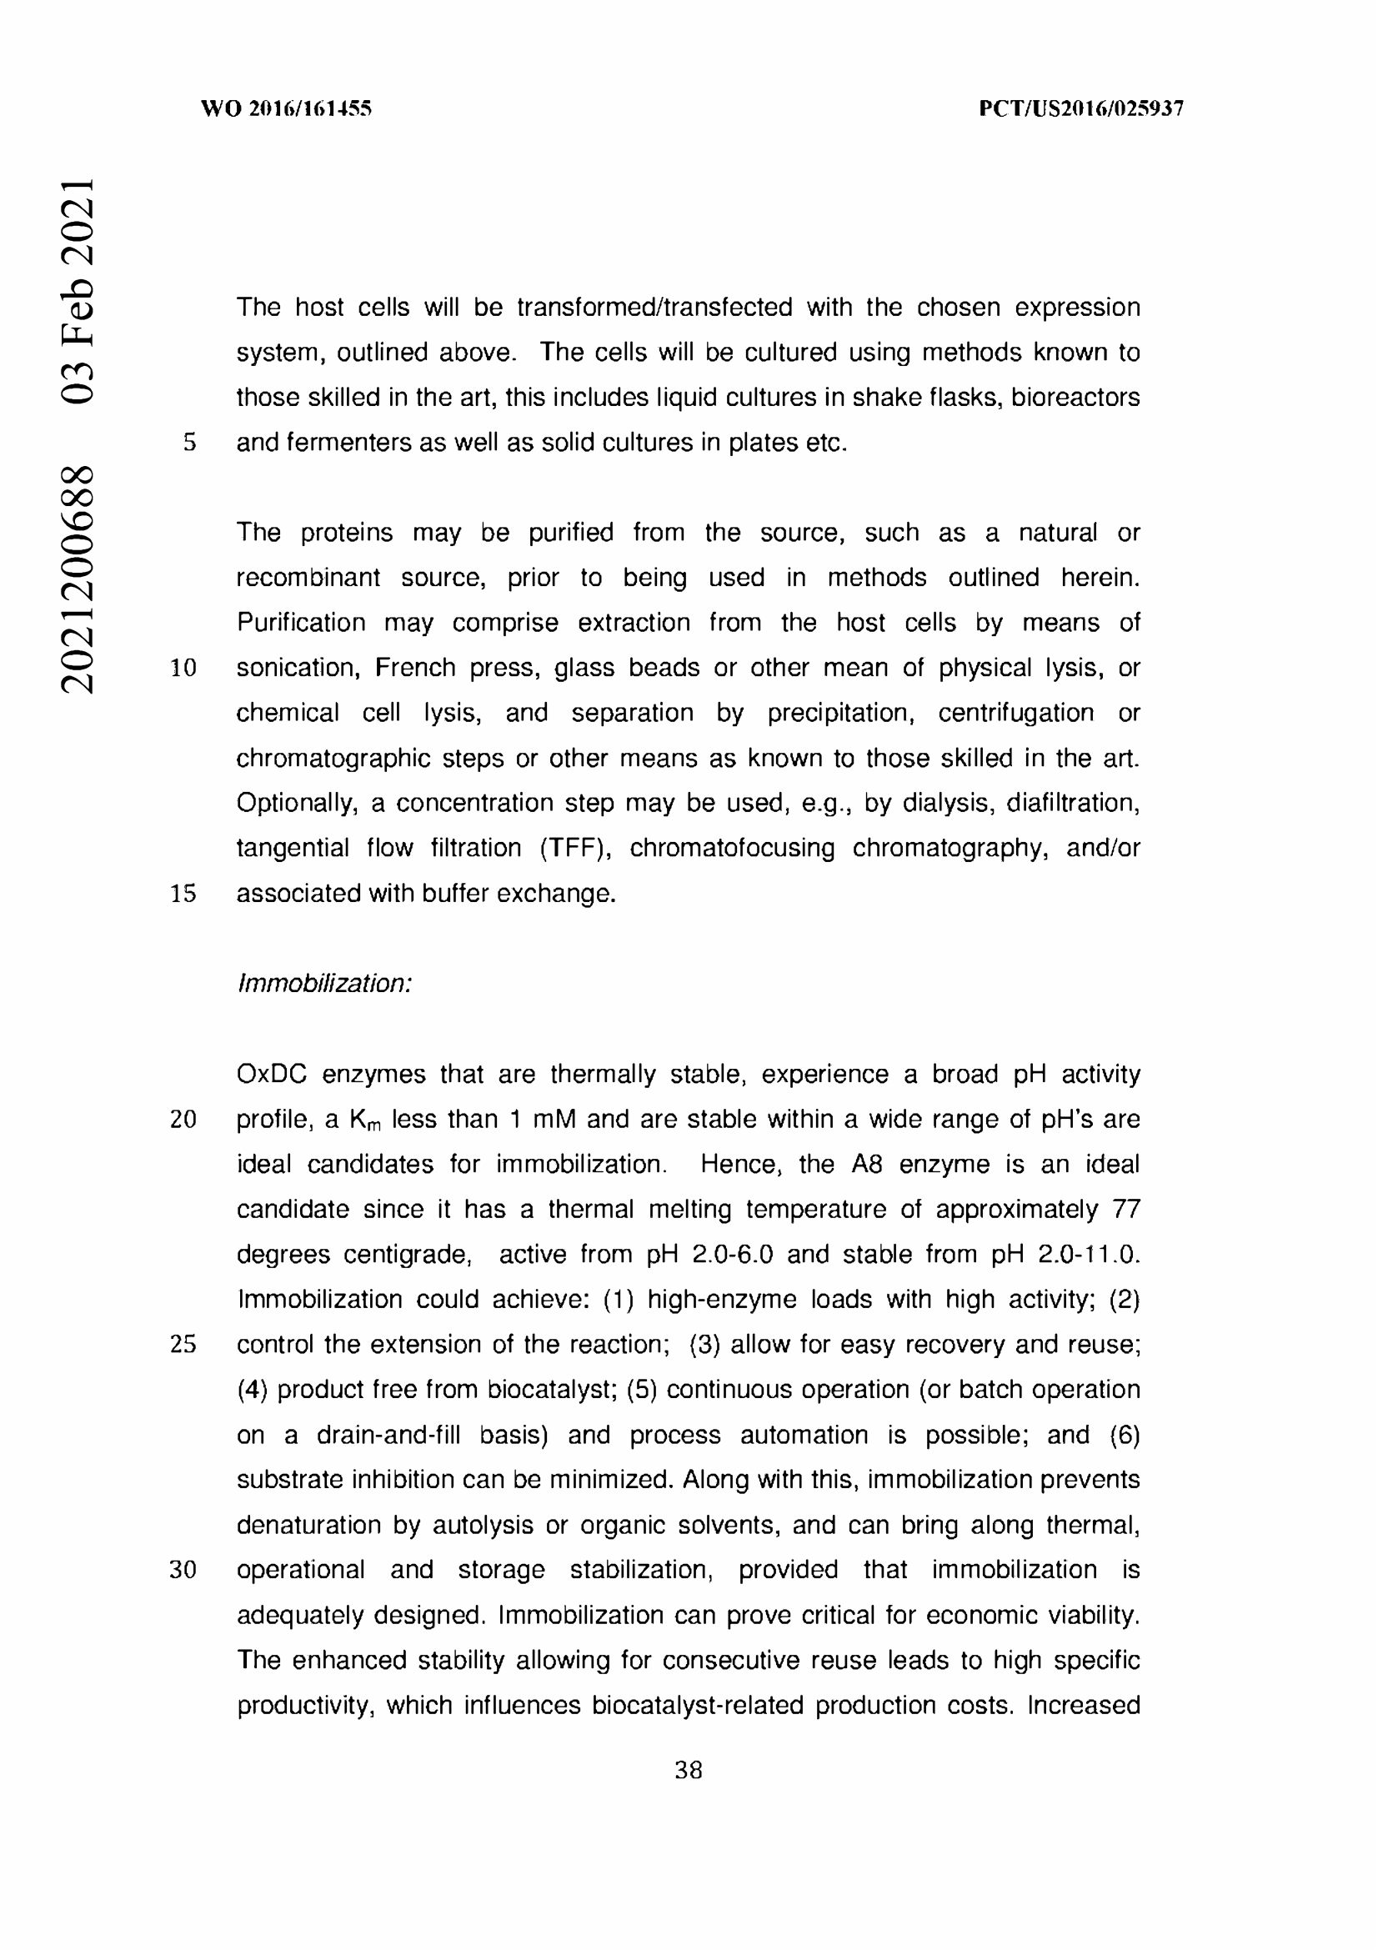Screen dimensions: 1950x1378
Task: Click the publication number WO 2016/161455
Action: [286, 108]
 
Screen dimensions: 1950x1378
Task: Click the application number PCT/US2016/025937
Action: [1081, 108]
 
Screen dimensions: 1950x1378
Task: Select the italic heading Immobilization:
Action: [324, 984]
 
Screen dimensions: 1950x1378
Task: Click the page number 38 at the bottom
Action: [688, 1770]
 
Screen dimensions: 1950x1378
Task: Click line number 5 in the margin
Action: [189, 443]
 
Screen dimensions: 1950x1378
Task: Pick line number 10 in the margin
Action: [183, 668]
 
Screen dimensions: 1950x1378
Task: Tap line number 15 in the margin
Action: [183, 894]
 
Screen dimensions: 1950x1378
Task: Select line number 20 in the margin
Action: [183, 1120]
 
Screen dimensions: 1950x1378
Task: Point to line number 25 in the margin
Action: [183, 1345]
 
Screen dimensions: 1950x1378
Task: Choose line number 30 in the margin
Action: [183, 1570]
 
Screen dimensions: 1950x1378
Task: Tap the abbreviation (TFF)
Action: [575, 848]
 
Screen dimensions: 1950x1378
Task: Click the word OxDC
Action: [271, 1075]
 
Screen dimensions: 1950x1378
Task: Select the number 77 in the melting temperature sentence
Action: [1126, 1210]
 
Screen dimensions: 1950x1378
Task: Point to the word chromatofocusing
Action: [732, 848]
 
